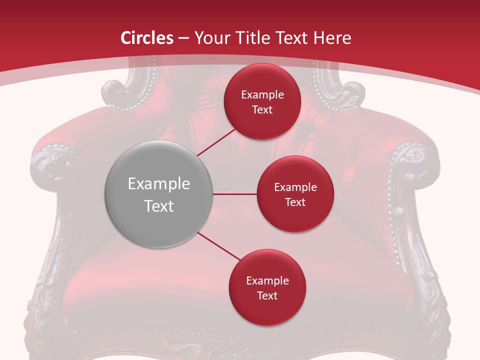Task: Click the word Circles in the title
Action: [x=147, y=38]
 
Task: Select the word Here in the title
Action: [x=331, y=38]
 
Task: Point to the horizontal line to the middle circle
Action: [x=234, y=194]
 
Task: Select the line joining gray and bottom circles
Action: [x=219, y=246]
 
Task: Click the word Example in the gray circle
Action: [x=159, y=184]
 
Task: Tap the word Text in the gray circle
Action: [x=159, y=206]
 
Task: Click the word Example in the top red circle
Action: [x=262, y=95]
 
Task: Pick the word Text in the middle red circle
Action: [x=295, y=202]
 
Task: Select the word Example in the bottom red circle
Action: [x=267, y=281]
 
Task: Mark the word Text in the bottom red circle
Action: [x=267, y=296]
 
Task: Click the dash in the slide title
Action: [x=183, y=38]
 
